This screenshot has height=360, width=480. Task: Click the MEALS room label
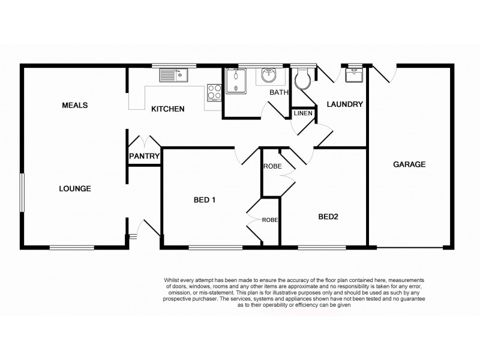click(75, 106)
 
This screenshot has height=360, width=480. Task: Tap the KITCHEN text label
click(167, 109)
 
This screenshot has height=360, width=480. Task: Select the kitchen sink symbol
click(173, 76)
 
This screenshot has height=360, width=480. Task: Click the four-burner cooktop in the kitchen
click(214, 92)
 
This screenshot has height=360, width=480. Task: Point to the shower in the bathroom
click(235, 80)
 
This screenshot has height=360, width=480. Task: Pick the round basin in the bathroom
click(268, 76)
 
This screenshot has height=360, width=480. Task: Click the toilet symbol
click(302, 76)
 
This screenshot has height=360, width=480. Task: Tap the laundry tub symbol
click(353, 74)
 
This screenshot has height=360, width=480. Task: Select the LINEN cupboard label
click(302, 113)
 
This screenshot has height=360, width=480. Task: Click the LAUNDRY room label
click(344, 104)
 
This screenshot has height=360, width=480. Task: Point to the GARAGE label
click(409, 164)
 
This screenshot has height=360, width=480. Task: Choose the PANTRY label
click(144, 157)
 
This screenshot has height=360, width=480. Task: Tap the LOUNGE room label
click(75, 188)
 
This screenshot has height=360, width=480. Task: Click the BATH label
click(279, 93)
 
